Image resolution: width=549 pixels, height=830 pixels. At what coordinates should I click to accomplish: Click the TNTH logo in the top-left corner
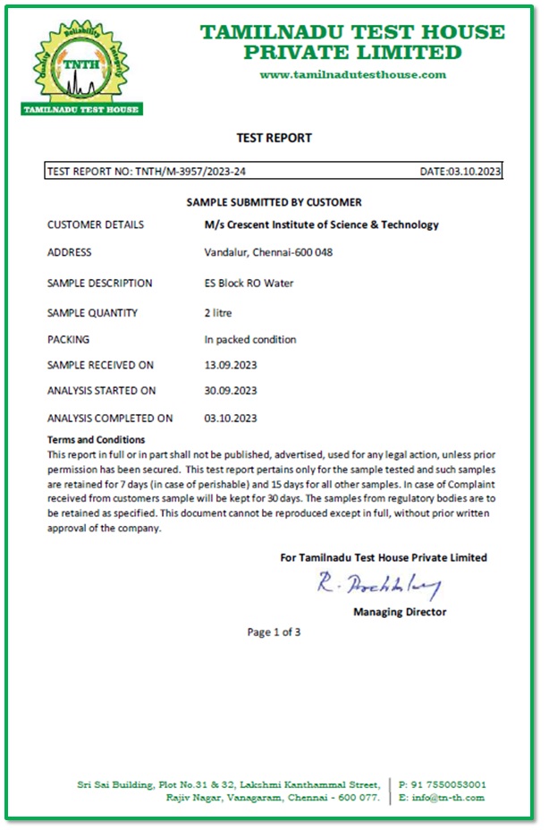(81, 69)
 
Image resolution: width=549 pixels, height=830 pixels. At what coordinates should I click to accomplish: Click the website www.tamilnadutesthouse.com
(352, 74)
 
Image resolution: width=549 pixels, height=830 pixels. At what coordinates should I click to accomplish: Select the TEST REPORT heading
(274, 138)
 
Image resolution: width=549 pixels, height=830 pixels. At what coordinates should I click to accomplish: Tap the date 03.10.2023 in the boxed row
(475, 171)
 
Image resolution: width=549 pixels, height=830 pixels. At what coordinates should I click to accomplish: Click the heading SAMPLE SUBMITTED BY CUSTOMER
(274, 202)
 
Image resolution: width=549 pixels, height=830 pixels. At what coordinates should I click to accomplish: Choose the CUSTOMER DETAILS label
(95, 224)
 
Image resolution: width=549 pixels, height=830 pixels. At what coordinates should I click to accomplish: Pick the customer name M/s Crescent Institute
(322, 224)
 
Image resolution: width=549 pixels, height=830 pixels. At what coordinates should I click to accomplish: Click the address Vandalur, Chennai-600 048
(268, 252)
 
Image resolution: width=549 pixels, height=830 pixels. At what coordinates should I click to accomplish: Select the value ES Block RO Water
(249, 283)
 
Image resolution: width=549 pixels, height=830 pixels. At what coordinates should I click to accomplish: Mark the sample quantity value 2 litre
(220, 313)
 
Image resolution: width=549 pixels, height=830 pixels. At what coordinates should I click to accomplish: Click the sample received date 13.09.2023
(231, 365)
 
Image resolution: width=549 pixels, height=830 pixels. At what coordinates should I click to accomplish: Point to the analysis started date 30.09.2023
(231, 390)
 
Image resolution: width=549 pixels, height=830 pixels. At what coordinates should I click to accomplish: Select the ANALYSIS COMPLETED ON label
(110, 418)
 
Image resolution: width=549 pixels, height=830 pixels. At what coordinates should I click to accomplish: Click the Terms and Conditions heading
(96, 439)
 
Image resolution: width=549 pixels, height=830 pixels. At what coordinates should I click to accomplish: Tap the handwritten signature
(379, 586)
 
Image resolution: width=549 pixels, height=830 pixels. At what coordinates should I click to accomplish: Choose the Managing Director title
(400, 612)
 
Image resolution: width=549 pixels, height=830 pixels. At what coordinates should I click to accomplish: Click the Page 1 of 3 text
(274, 632)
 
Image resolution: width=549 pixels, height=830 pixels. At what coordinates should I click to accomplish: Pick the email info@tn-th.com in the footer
(448, 797)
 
